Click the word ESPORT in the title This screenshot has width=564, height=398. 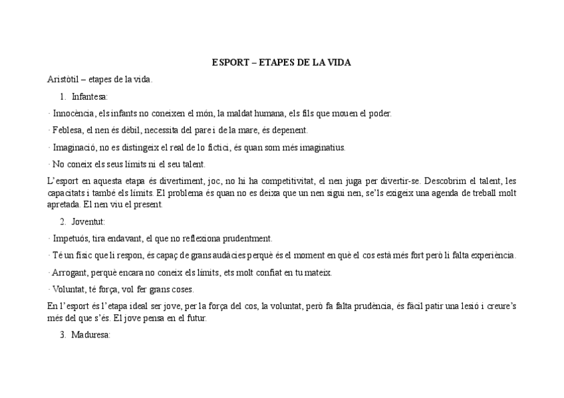point(227,62)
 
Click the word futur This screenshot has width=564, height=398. point(197,318)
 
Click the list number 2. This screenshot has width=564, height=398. point(63,221)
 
